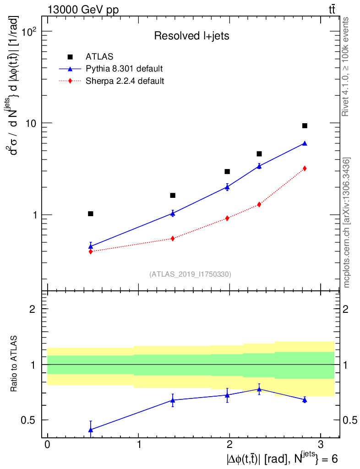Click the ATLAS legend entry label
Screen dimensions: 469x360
pos(99,57)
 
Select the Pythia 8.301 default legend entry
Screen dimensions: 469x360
pos(124,69)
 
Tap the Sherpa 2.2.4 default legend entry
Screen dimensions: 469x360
pos(125,82)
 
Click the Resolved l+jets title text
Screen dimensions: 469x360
pos(191,36)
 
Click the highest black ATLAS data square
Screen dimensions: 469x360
pos(305,125)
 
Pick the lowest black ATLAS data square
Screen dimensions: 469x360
pos(91,214)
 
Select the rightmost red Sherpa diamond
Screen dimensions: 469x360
pos(305,169)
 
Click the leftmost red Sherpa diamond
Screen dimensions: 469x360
pos(91,251)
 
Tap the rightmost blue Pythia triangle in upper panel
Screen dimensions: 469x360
pos(305,143)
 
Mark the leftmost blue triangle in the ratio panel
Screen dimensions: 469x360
pos(91,430)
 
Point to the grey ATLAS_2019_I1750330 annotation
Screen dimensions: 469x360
pos(190,274)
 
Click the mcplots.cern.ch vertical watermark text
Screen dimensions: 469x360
pos(347,223)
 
